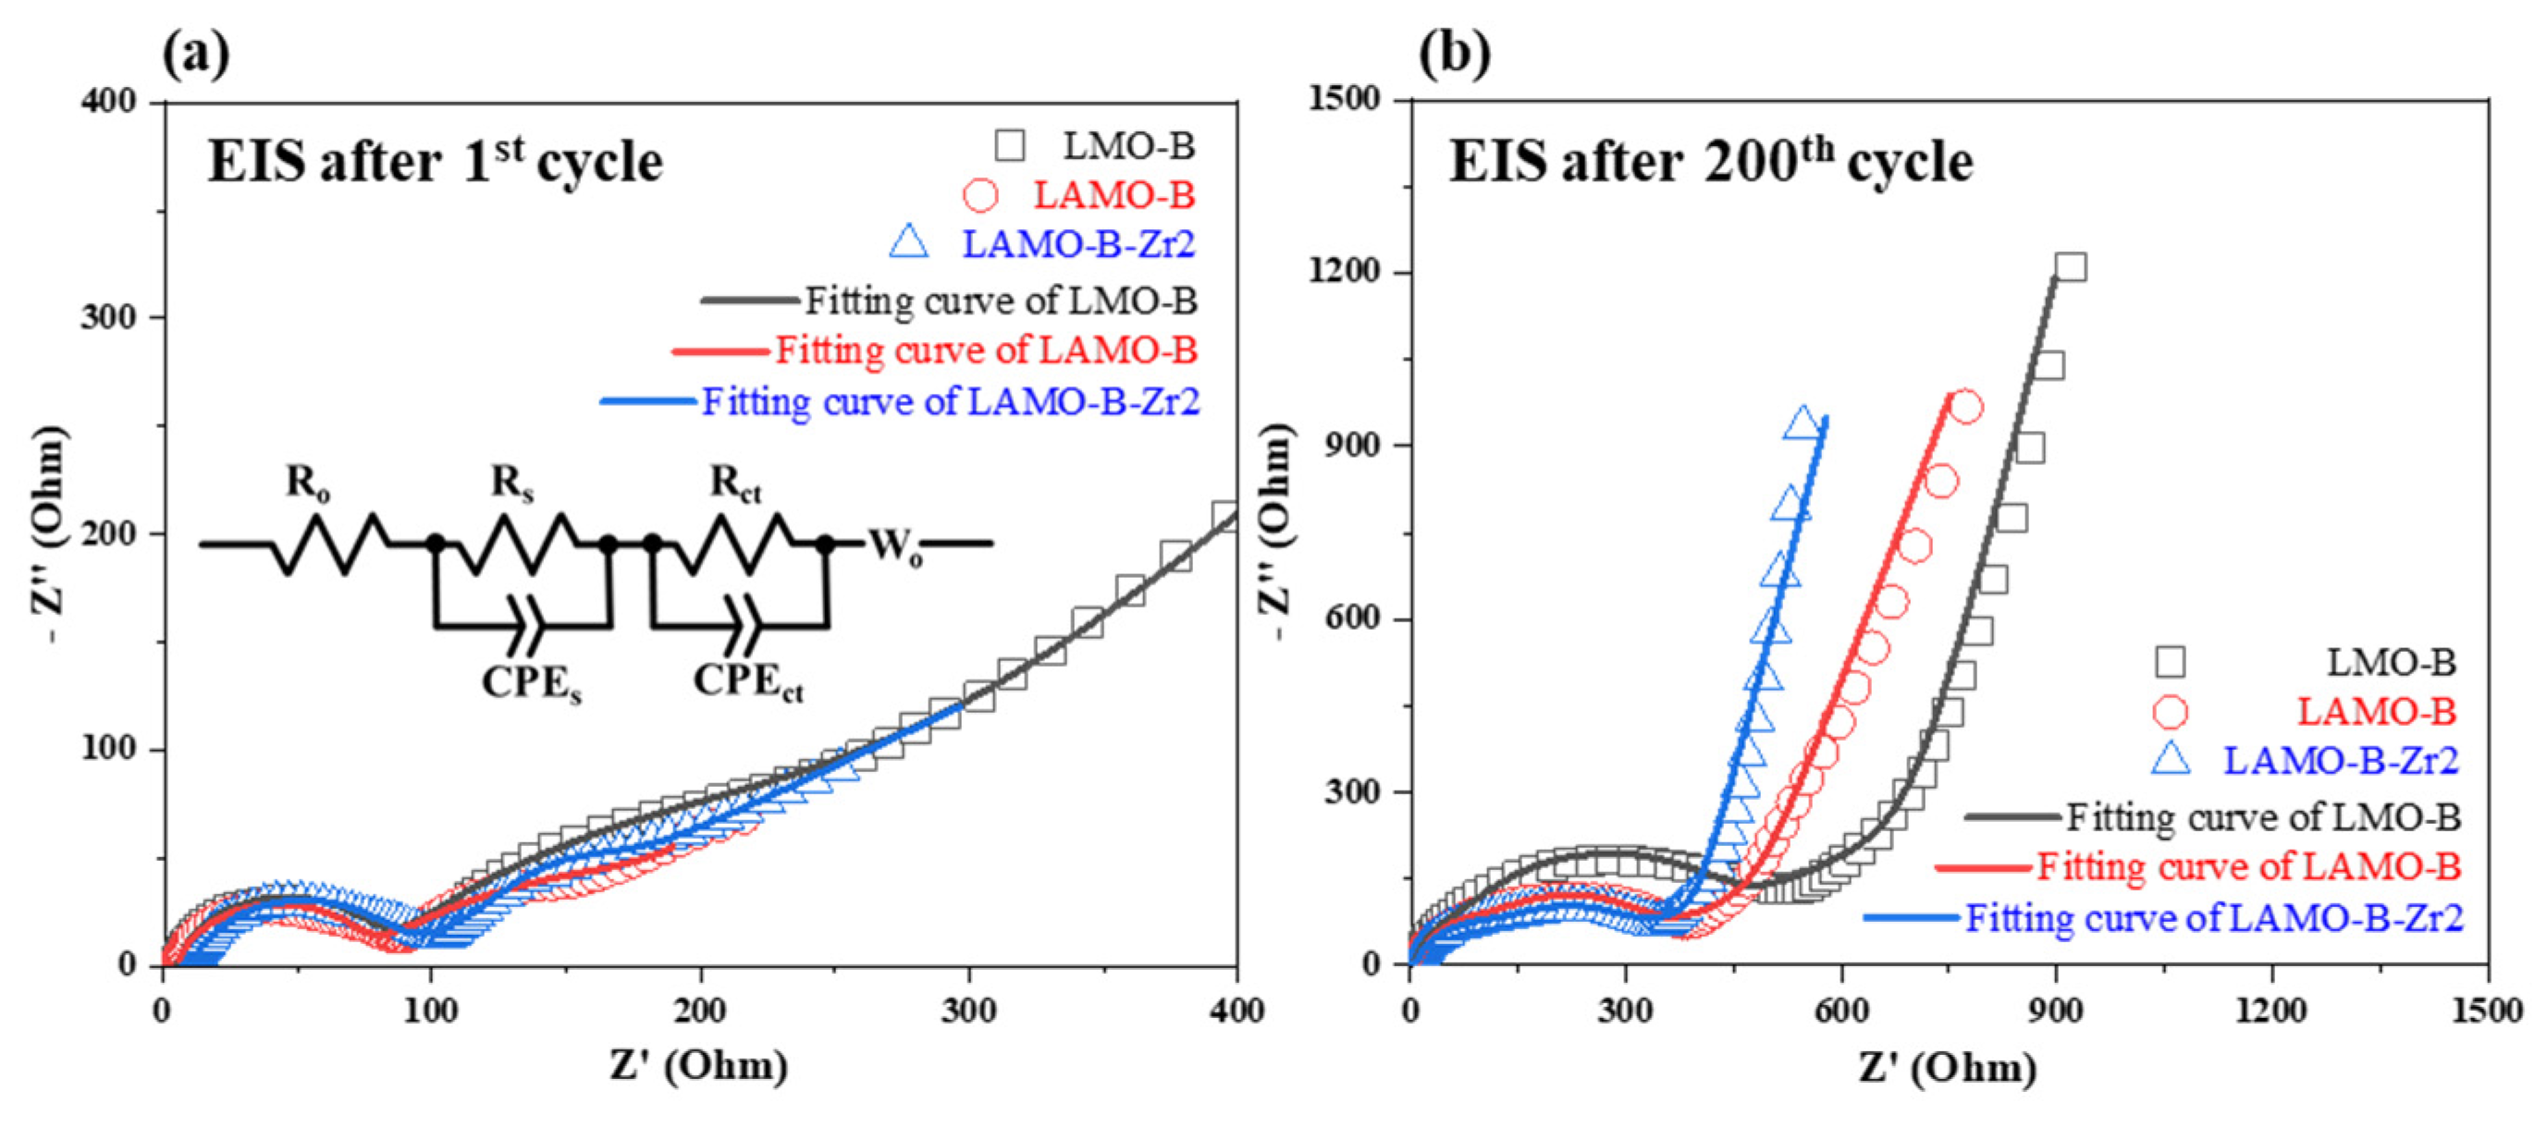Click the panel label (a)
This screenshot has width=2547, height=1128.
[196, 55]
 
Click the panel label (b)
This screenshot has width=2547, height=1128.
[1454, 55]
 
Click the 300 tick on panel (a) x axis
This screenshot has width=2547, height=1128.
[968, 1011]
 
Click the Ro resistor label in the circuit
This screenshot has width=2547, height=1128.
[307, 483]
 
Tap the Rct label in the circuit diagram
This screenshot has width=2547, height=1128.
[735, 483]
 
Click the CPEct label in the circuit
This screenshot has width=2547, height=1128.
[747, 682]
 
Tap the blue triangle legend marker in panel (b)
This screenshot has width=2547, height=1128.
[2171, 759]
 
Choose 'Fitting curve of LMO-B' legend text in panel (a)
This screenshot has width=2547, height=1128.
[1001, 300]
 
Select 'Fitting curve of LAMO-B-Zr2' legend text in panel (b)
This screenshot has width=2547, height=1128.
[2214, 917]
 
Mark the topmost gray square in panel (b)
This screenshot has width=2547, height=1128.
[2071, 267]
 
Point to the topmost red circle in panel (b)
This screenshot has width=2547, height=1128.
[1965, 408]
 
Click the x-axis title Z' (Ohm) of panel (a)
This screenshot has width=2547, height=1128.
[699, 1066]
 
